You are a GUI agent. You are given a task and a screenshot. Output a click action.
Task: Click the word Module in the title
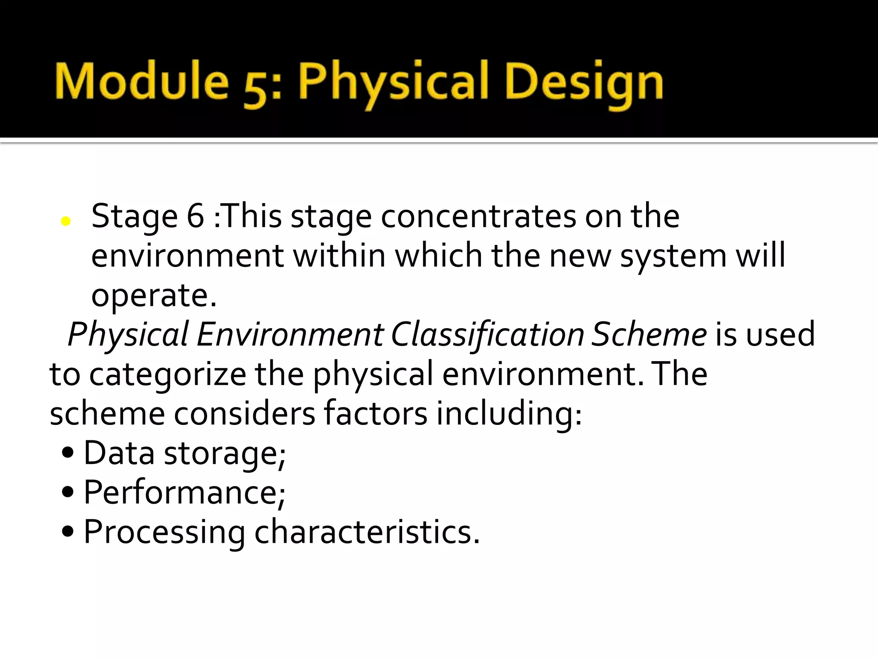[141, 81]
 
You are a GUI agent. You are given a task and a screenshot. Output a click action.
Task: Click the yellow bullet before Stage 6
[66, 221]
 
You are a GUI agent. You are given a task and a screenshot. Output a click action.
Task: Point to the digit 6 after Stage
[195, 216]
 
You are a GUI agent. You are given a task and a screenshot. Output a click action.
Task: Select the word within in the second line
[339, 256]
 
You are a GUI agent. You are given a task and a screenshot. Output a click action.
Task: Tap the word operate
[154, 296]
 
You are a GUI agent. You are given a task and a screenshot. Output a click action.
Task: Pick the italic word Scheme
[649, 335]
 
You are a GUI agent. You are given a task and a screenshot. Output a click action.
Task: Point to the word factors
[376, 413]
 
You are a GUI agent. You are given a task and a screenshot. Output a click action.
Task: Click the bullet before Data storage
[68, 452]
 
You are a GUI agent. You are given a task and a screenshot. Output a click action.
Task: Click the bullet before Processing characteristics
[68, 532]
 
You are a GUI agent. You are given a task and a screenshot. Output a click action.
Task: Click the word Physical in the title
[394, 84]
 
